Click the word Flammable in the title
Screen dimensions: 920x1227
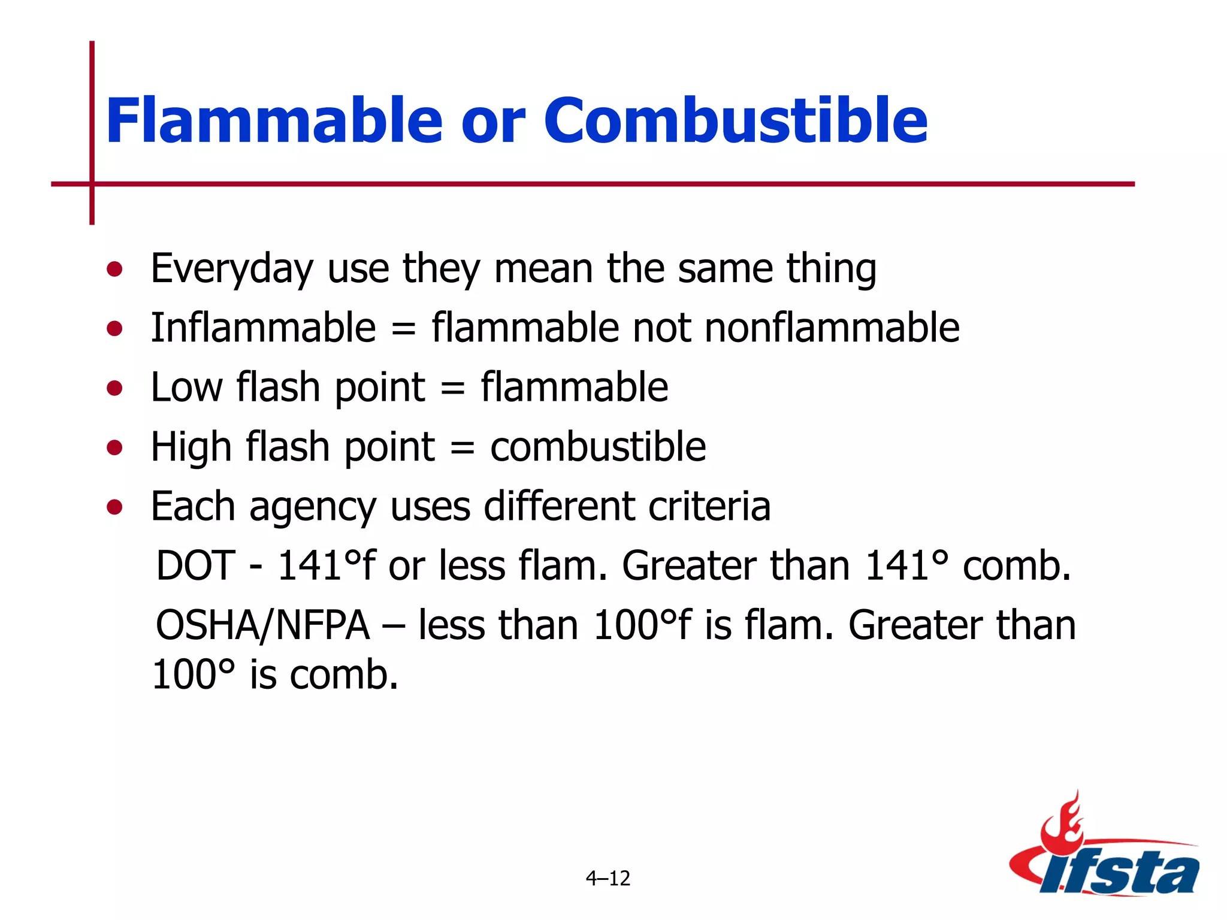(x=274, y=121)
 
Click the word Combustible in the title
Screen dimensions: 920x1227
(x=735, y=121)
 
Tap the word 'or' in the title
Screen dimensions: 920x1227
(x=492, y=126)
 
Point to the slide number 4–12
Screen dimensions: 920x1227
(x=608, y=878)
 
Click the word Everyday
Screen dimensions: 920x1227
(x=232, y=269)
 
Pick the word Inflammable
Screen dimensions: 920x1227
(x=263, y=328)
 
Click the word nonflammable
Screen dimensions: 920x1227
(x=832, y=328)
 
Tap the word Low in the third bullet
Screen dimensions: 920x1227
(x=186, y=387)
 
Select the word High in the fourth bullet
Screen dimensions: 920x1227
(x=191, y=447)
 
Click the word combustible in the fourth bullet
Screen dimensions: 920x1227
(x=597, y=447)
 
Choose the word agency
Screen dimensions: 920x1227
(x=312, y=507)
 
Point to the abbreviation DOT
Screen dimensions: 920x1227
(x=195, y=565)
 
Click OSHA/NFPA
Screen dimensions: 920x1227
(x=262, y=625)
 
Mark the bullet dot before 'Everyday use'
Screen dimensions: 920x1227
(x=114, y=269)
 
